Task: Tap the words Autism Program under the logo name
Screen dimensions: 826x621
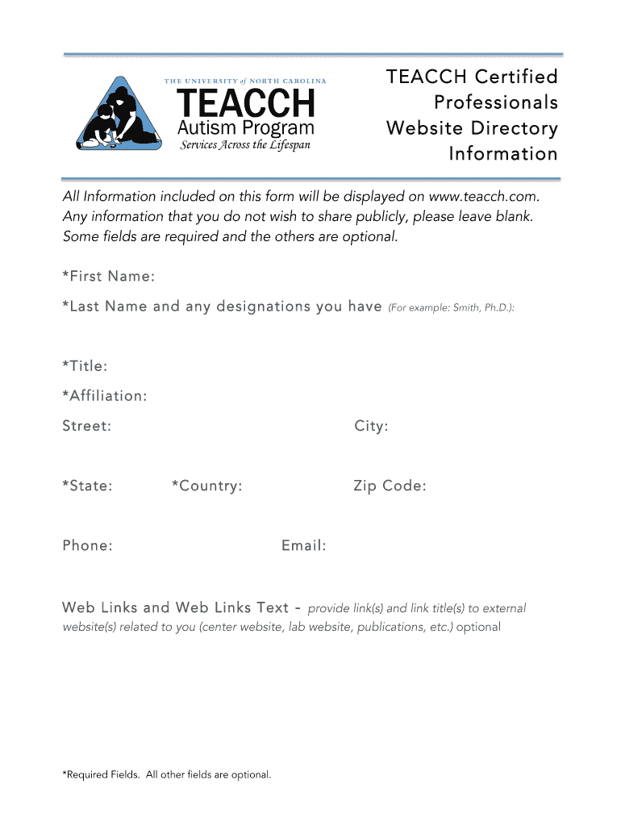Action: (x=245, y=128)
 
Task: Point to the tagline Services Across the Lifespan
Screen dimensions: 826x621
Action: (x=244, y=145)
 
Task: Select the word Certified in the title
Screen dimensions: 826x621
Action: (x=516, y=77)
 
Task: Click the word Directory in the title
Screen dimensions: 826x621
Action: (x=516, y=128)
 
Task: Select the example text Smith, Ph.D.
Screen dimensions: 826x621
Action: (x=481, y=308)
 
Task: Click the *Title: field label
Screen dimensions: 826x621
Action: (x=85, y=366)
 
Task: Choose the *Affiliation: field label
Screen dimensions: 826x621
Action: (x=105, y=396)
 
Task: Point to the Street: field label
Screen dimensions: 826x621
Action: (x=87, y=426)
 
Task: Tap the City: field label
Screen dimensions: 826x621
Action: (x=371, y=426)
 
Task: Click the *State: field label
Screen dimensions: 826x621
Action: (x=87, y=486)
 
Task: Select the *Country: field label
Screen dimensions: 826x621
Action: (x=206, y=486)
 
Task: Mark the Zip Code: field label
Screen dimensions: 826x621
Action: (x=390, y=486)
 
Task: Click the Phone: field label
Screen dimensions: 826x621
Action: (x=87, y=546)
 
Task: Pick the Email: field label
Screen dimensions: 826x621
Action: (x=304, y=546)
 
